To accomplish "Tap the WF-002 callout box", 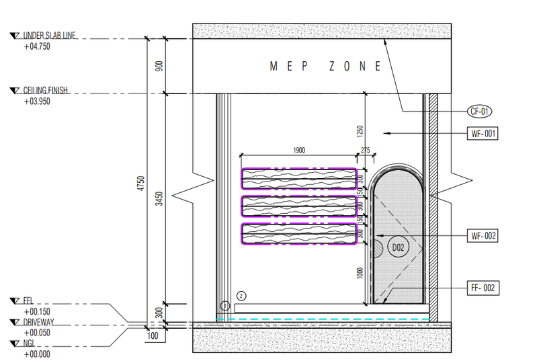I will point(483,235).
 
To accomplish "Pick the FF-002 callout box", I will point(483,288).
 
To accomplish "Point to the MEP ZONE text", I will point(325,66).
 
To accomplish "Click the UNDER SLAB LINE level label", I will point(50,36).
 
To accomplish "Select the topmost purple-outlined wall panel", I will point(299,177).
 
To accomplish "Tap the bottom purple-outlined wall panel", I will point(299,233).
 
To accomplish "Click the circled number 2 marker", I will point(242,295).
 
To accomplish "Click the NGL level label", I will point(31,343).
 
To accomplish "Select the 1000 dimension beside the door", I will point(360,272).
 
